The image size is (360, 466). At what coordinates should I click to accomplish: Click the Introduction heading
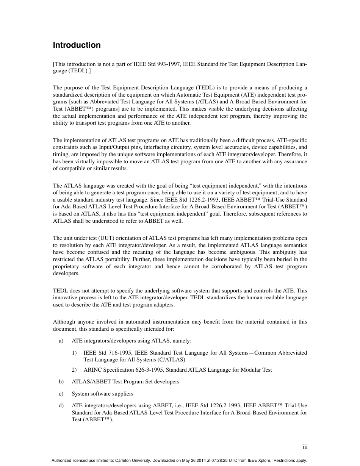[x=77, y=45]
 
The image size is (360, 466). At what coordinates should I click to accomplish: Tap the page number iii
[x=305, y=447]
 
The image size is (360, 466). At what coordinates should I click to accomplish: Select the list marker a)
[x=61, y=341]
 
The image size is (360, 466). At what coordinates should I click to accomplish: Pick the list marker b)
[x=61, y=382]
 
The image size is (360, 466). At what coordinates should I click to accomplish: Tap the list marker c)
[x=61, y=394]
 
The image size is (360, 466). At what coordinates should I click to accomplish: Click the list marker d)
[x=61, y=406]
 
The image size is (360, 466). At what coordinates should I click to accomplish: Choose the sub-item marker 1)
[x=74, y=353]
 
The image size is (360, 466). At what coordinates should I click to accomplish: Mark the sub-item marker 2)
[x=74, y=370]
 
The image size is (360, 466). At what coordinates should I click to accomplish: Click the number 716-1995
[x=119, y=353]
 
